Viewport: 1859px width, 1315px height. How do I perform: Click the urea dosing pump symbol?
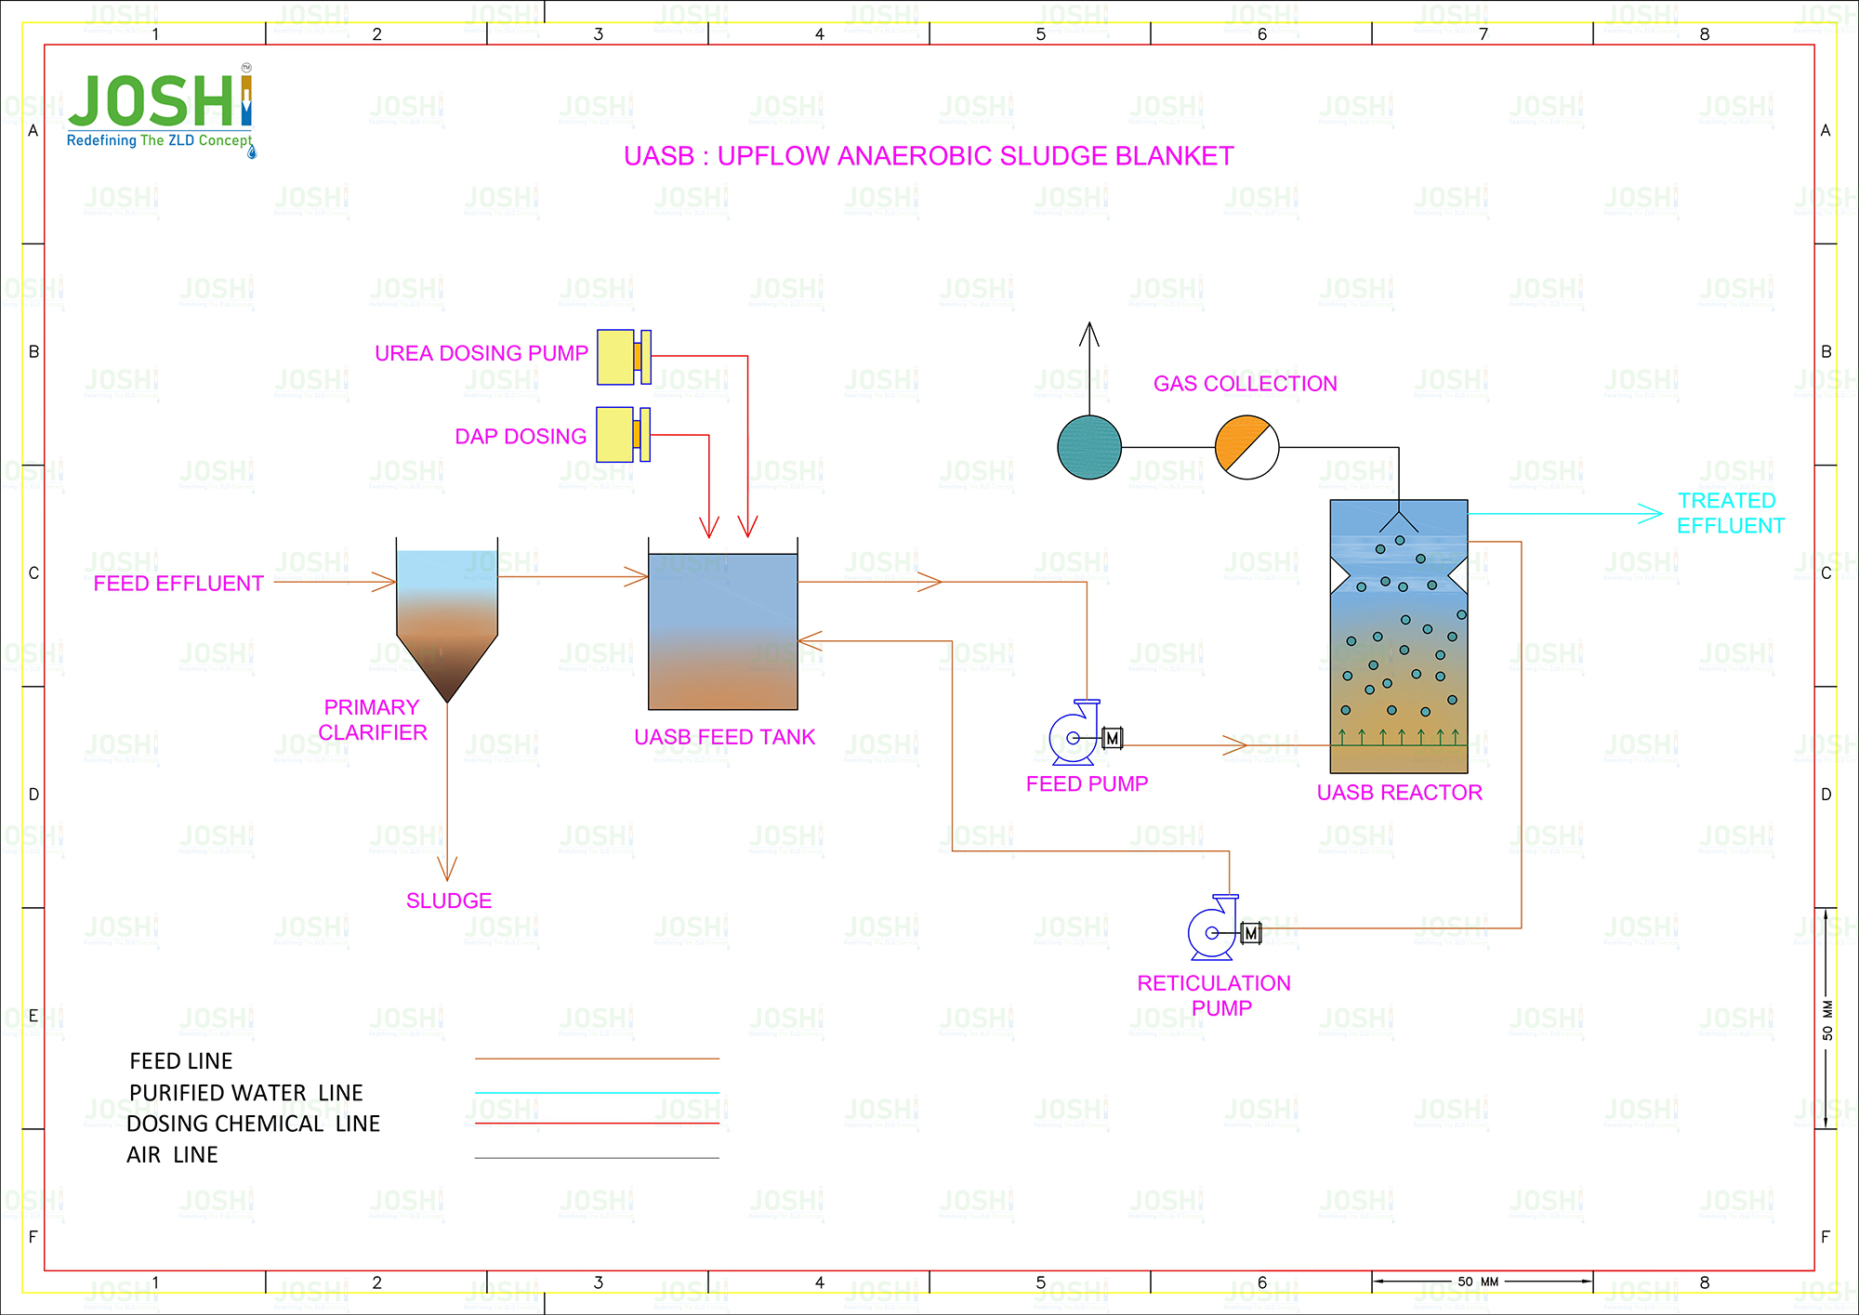(623, 357)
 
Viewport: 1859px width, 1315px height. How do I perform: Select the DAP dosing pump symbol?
(622, 435)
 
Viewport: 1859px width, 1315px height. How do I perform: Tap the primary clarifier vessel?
(447, 613)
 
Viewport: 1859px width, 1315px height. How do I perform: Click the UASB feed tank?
(722, 632)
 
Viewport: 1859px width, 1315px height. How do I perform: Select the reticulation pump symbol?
(1219, 928)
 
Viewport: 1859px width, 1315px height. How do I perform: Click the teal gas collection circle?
(1089, 447)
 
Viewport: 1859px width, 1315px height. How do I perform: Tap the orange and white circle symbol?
(1246, 447)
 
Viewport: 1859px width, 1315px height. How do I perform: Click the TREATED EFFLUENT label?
(1729, 513)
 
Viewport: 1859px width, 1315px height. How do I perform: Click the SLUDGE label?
(449, 901)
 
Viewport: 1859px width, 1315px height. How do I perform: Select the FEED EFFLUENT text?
(178, 584)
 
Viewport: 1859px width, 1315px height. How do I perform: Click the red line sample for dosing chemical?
(597, 1124)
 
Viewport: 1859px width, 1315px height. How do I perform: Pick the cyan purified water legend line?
(597, 1093)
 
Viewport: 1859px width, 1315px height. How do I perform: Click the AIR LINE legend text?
(172, 1155)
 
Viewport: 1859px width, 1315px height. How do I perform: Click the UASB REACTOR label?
(1399, 793)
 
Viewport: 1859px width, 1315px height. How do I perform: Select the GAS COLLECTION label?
(1245, 384)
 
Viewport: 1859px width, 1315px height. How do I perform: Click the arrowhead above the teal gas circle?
(1089, 332)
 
